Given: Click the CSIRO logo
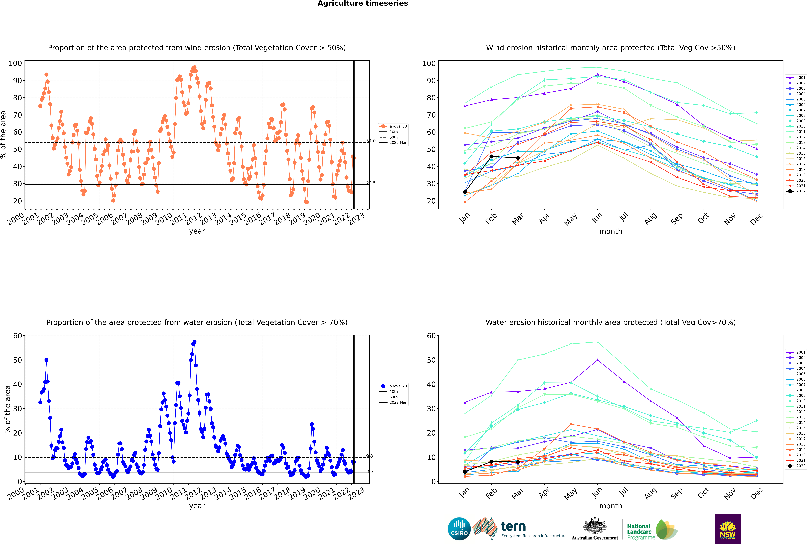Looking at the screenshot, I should pyautogui.click(x=459, y=529).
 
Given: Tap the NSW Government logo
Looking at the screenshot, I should pyautogui.click(x=728, y=528).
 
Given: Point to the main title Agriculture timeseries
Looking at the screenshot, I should pyautogui.click(x=363, y=3).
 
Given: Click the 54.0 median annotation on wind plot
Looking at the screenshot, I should pyautogui.click(x=371, y=141).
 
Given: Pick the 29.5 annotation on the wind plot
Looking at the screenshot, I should pyautogui.click(x=371, y=183).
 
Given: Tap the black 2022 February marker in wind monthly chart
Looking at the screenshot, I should pyautogui.click(x=491, y=156).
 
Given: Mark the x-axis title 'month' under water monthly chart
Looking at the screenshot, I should pyautogui.click(x=611, y=506).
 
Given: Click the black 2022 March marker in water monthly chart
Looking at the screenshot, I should pyautogui.click(x=518, y=462).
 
